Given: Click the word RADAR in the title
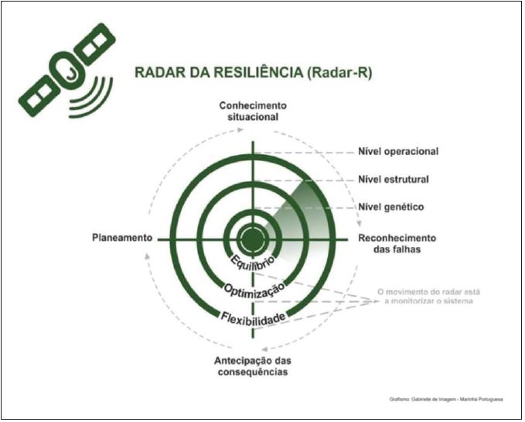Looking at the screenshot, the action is tap(159, 73).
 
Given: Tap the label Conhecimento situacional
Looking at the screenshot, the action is tap(252, 111).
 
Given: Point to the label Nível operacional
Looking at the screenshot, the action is tap(398, 151).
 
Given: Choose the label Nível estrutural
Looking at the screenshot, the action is tap(394, 180).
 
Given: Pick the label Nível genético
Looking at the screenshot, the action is tap(390, 207).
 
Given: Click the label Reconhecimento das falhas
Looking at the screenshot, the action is tap(397, 244).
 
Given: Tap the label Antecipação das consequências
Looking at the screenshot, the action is tap(252, 366).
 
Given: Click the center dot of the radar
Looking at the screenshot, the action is tap(252, 238).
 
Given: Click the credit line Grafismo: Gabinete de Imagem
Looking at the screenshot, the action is tap(447, 400).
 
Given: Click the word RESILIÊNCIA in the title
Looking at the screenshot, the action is tap(251, 73).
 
